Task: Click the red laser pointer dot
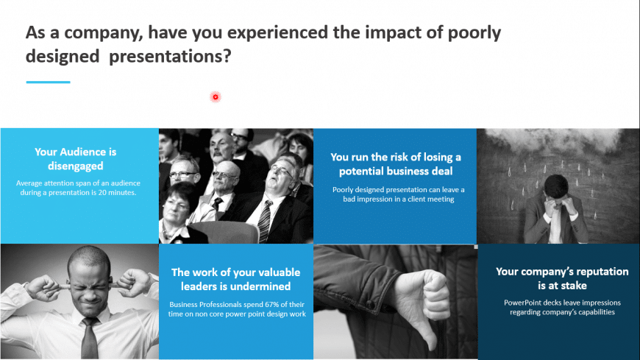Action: click(216, 97)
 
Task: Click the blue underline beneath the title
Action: click(48, 82)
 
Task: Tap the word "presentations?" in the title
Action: click(170, 56)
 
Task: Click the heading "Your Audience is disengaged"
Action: click(76, 158)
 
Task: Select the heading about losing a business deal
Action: click(396, 164)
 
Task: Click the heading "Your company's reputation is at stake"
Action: click(562, 278)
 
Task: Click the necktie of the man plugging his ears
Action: click(89, 338)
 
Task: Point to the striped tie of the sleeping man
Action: click(265, 221)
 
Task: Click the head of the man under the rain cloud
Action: click(555, 188)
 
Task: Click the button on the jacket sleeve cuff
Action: click(370, 304)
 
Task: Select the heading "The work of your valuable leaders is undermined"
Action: click(236, 279)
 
